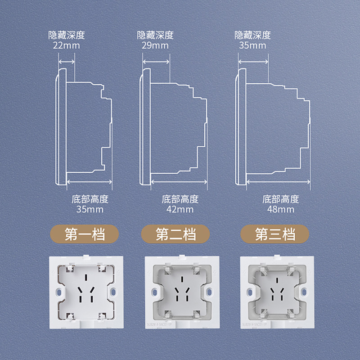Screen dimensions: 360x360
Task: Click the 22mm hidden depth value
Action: (x=67, y=45)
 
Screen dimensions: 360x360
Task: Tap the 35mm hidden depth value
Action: (x=252, y=45)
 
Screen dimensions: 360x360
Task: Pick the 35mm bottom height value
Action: (x=90, y=209)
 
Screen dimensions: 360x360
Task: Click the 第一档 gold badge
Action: (x=85, y=234)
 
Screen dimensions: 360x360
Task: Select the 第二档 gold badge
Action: (x=175, y=234)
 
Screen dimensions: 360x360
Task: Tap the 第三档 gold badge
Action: (x=275, y=234)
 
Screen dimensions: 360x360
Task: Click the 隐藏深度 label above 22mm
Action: (x=67, y=35)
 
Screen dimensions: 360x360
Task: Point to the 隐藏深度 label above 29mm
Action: (x=155, y=35)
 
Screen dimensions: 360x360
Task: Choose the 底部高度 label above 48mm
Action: (x=281, y=199)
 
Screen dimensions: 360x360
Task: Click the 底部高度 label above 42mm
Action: (x=180, y=199)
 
